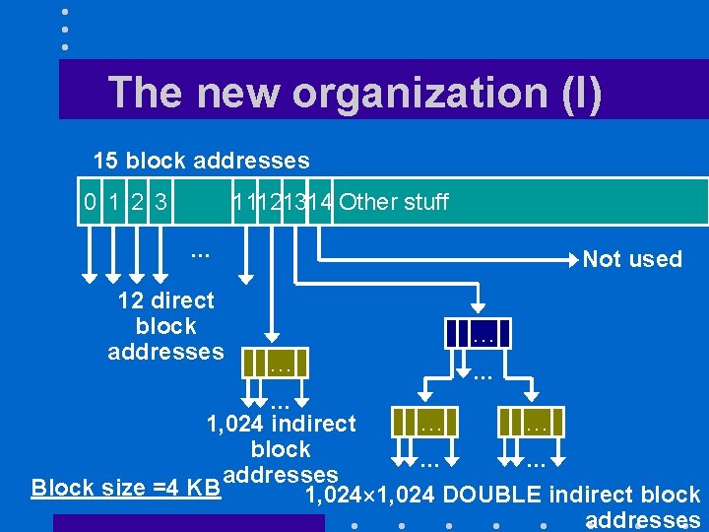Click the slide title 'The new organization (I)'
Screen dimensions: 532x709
(x=354, y=93)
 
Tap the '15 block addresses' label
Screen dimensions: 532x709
(x=201, y=161)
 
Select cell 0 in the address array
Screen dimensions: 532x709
(x=91, y=203)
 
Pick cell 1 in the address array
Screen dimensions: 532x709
(x=115, y=203)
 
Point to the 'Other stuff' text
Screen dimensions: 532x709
(x=393, y=203)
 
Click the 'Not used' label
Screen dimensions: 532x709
(x=632, y=259)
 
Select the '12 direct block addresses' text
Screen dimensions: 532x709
(x=165, y=325)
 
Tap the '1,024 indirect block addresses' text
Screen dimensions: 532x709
(x=281, y=449)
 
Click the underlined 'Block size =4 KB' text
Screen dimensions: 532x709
(x=126, y=488)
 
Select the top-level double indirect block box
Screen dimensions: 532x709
(x=481, y=333)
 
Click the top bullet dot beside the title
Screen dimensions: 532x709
(x=64, y=13)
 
